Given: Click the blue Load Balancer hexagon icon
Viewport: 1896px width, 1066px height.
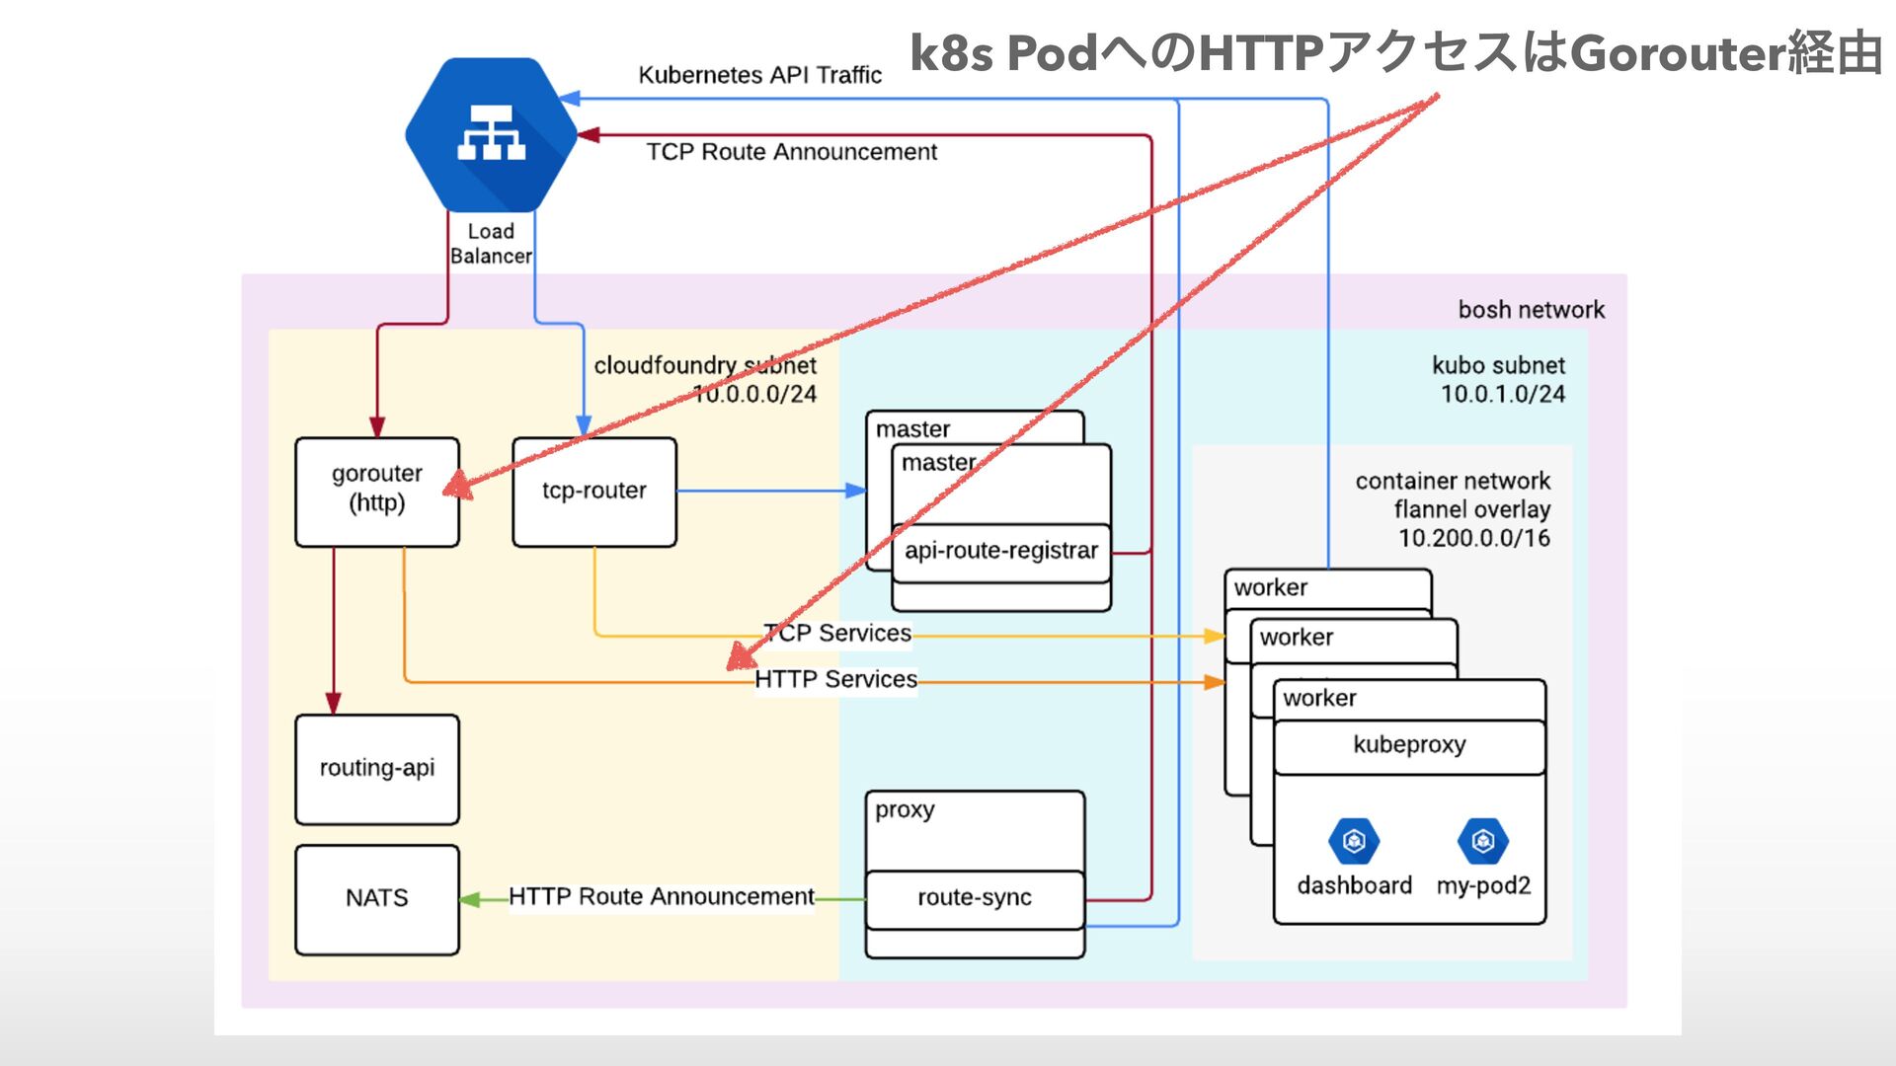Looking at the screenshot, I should coord(491,134).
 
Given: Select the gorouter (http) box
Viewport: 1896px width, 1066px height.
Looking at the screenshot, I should coord(377,492).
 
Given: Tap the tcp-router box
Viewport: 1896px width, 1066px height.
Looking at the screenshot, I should coord(594,492).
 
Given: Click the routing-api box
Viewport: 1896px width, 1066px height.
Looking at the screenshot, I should coord(377,769).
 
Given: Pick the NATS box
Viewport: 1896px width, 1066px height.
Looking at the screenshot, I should coord(377,898).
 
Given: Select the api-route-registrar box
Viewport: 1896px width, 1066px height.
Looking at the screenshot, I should coord(1001,552).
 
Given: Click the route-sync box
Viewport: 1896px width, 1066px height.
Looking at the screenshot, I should coord(975,898).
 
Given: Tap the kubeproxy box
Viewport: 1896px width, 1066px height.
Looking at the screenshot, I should coord(1409,745).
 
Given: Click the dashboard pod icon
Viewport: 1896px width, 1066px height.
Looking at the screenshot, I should coord(1354,841).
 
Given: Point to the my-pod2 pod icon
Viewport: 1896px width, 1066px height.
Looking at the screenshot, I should coord(1482,841).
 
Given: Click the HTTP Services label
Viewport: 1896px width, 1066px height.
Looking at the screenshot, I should coord(836,680).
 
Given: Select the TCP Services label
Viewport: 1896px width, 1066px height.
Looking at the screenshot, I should coord(838,634).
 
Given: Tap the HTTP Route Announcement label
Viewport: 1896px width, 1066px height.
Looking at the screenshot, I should coord(662,897).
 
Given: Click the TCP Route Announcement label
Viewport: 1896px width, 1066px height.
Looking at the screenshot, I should coord(792,152).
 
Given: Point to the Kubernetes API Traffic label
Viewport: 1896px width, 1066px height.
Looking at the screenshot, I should coord(759,75).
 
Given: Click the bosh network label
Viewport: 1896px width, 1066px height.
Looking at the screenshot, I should coord(1531,310).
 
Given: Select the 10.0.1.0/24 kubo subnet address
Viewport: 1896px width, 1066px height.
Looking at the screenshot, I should coord(1502,395).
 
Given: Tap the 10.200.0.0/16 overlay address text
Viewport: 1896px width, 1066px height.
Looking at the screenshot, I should coord(1473,539).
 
